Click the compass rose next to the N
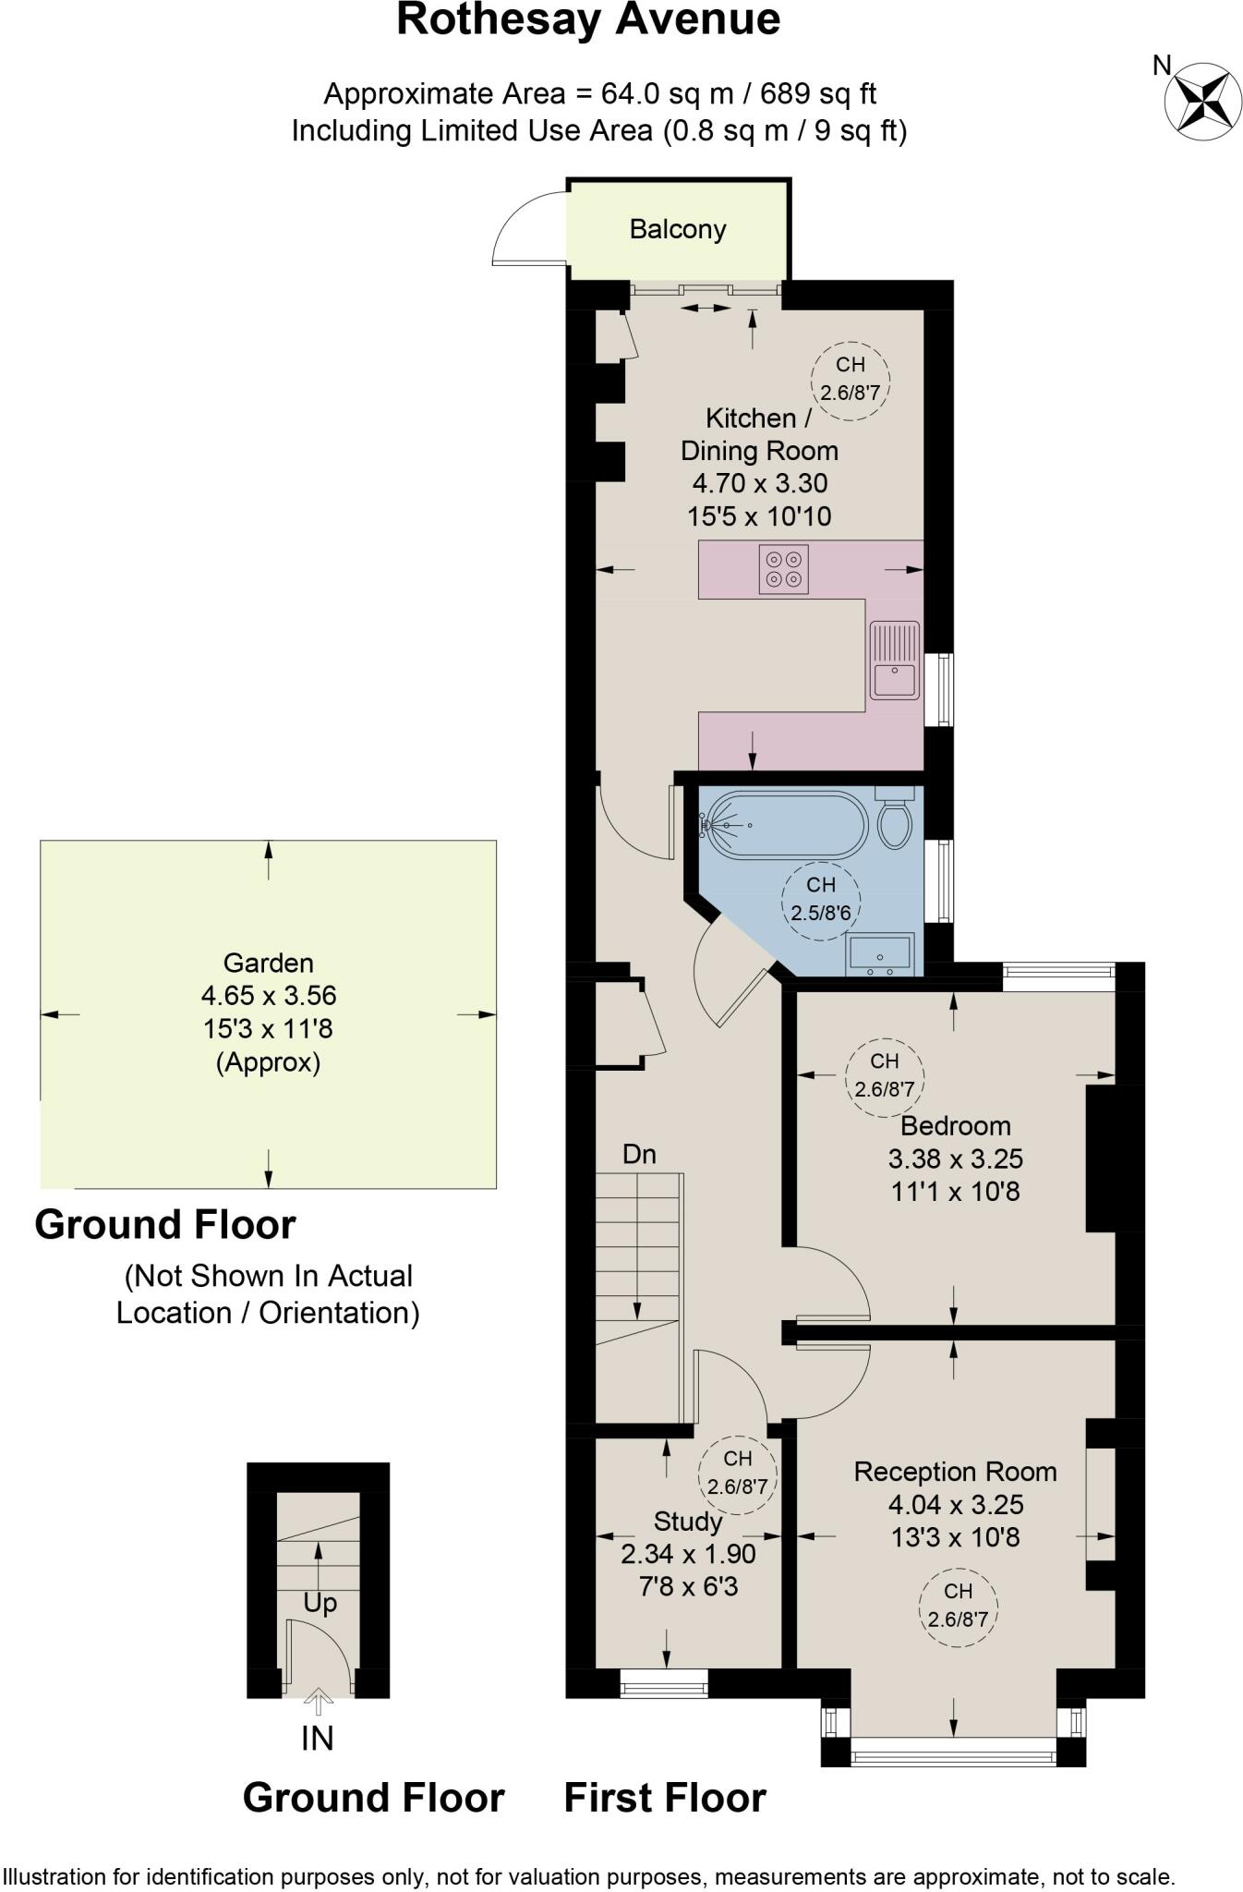coord(1202,102)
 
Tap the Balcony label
coord(678,229)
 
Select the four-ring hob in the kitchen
coord(783,569)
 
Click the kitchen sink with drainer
coord(894,660)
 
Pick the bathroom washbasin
coord(880,954)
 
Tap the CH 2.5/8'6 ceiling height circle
coord(821,899)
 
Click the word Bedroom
coord(956,1125)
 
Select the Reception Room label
coord(955,1472)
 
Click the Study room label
coord(688,1521)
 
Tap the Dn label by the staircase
coord(639,1154)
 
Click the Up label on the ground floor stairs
coord(320,1603)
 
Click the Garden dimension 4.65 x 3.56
coord(269,996)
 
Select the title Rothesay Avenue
coord(588,19)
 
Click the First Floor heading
coord(665,1798)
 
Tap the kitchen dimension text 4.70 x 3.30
coord(759,483)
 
